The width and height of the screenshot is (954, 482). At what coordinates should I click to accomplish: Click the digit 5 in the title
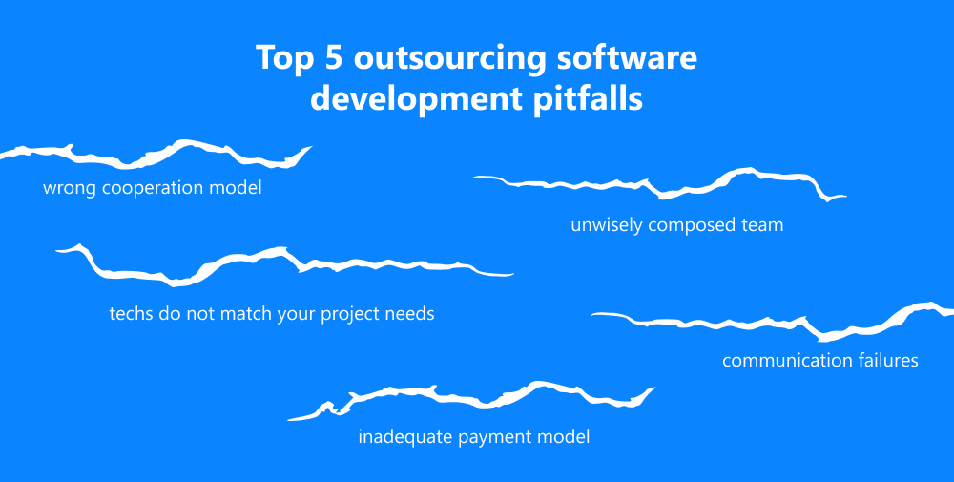tap(332, 58)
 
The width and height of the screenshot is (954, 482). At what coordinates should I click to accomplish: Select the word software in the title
tap(628, 58)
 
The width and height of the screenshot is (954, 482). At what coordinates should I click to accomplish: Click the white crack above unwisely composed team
tap(659, 184)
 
